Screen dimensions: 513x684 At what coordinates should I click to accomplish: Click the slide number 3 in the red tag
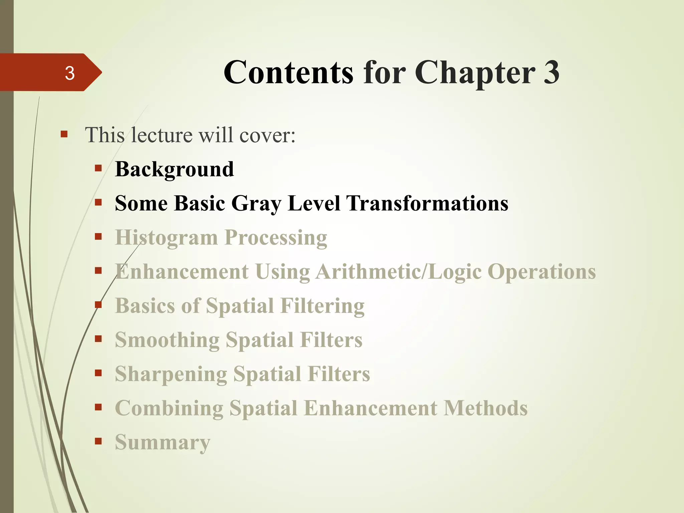point(69,73)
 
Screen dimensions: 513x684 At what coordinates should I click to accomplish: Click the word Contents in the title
point(288,72)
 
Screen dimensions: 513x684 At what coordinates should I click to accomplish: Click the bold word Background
point(174,169)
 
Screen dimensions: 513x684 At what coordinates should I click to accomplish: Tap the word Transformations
point(427,203)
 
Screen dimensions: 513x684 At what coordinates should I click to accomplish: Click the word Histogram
point(166,238)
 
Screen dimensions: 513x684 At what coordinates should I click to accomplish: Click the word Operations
point(542,272)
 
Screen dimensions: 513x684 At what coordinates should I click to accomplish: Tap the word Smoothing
point(167,340)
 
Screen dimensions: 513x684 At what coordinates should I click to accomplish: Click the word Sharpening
point(171,374)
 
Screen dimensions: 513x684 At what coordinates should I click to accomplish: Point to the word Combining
point(169,408)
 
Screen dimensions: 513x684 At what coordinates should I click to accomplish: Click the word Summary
point(163,443)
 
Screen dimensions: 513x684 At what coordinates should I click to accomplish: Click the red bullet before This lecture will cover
point(64,135)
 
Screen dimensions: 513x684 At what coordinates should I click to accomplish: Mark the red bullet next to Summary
point(98,442)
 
